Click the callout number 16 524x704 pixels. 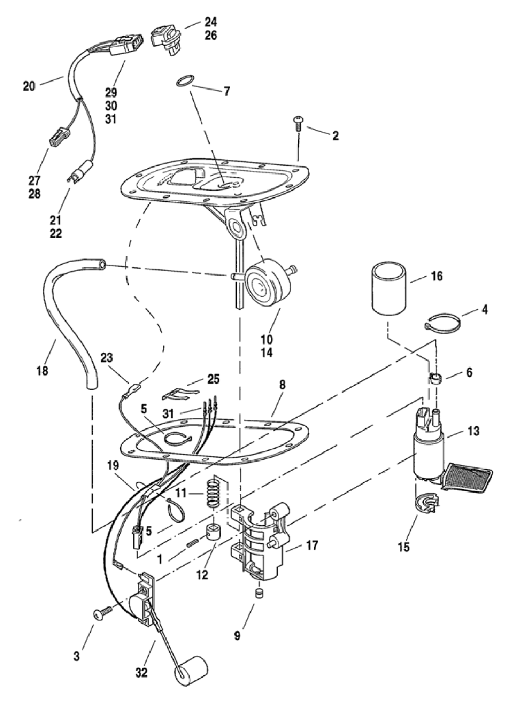tap(436, 276)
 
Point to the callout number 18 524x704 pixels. tap(42, 370)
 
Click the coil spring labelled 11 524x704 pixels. tap(212, 494)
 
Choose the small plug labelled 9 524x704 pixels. tap(257, 593)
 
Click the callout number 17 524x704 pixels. tap(312, 546)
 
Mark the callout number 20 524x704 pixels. tap(29, 85)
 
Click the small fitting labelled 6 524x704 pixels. tap(434, 377)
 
